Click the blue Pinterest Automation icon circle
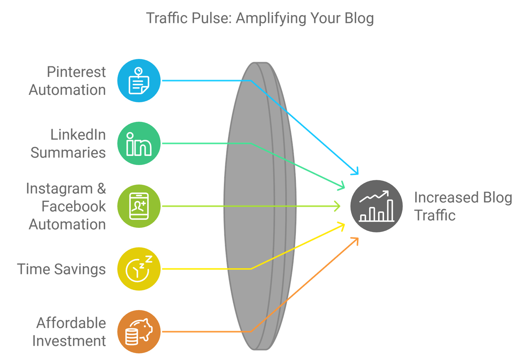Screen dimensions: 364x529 139,81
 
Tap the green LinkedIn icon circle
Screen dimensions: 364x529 139,143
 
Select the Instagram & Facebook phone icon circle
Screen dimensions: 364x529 139,206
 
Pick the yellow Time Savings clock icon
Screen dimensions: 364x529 139,269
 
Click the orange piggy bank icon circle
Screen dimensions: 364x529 139,332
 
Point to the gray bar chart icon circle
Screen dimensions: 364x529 377,206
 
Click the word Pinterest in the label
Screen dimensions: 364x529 76,72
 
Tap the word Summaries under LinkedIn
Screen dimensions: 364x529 68,152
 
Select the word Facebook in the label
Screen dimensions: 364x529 74,206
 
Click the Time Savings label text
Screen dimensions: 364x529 61,269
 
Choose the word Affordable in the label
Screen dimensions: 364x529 71,323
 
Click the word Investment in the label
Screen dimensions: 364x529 69,341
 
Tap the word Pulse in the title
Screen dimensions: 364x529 211,18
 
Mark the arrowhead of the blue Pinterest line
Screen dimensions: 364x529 356,172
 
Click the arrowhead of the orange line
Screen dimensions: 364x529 356,240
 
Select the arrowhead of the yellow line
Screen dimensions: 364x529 342,225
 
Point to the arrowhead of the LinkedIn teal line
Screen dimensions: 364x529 342,187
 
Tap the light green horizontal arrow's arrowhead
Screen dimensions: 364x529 338,206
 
